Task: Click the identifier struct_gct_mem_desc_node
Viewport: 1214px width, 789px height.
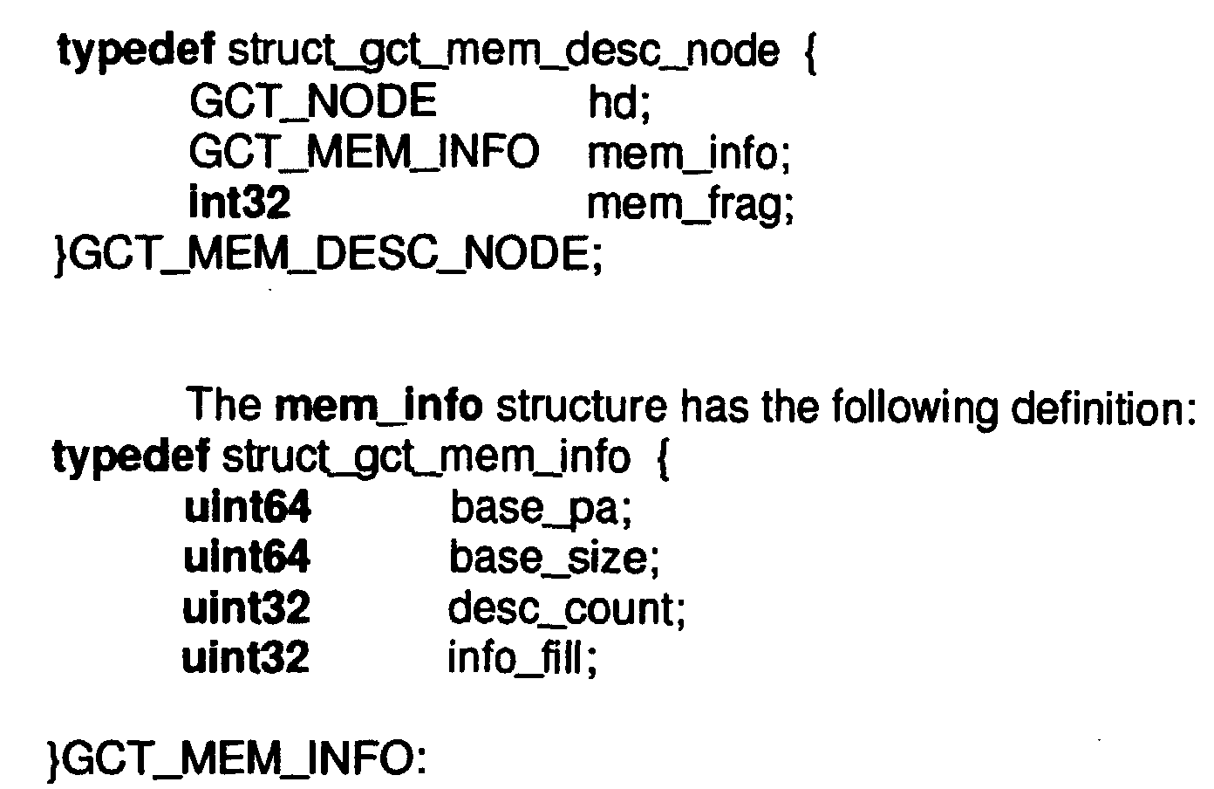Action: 503,52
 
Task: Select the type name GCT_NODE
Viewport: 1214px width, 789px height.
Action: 313,101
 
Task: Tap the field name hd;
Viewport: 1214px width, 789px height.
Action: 619,102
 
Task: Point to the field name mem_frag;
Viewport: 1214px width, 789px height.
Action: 690,207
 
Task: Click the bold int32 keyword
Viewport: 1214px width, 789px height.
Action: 240,202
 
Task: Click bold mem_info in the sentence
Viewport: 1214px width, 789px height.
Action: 379,406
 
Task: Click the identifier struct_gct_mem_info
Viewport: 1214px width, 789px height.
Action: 426,459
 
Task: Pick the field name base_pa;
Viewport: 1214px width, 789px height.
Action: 541,509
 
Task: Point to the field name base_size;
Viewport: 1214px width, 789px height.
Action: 554,558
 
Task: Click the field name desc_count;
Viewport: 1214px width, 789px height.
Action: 566,608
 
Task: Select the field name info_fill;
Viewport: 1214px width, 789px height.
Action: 522,658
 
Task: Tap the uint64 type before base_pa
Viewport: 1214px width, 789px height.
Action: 248,507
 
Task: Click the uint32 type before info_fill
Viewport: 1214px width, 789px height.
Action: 246,656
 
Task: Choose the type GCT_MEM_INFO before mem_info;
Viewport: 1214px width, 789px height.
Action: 364,152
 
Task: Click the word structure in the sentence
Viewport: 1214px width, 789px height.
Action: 582,406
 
